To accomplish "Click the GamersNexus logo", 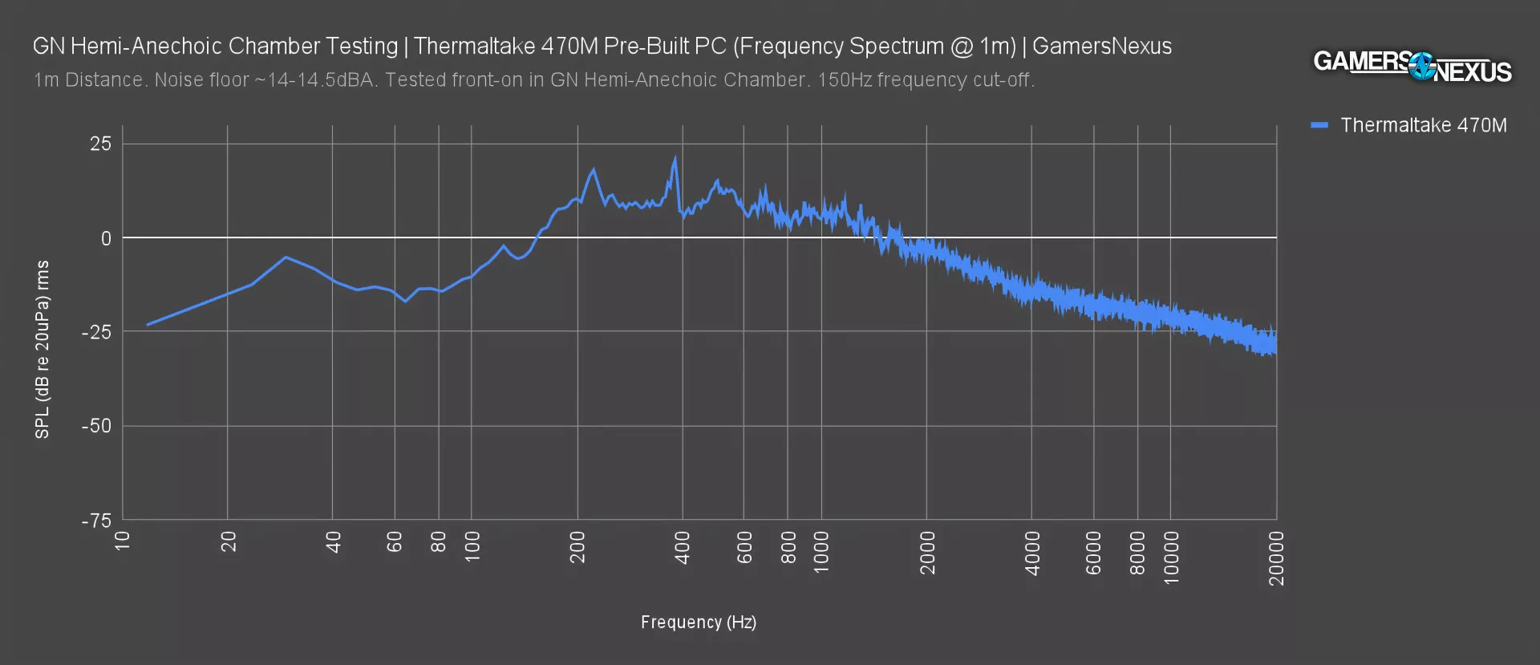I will pos(1412,66).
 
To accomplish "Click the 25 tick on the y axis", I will pos(101,144).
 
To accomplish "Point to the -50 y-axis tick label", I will pos(96,426).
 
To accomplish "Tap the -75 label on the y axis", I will pos(96,521).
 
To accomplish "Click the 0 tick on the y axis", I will pos(106,238).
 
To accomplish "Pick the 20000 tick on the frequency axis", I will pos(1276,558).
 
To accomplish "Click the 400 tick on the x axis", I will pos(683,548).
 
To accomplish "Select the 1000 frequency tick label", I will pos(821,552).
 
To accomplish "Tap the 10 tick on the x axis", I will pos(123,541).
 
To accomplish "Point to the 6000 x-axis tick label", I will pos(1093,552).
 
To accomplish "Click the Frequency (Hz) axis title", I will pos(698,622).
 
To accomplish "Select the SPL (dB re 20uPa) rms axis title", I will pos(43,350).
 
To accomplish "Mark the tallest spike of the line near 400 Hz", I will pos(675,158).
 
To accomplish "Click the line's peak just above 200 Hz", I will pos(594,169).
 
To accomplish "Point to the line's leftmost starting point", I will pos(148,325).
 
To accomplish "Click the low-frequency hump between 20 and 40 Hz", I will pos(286,257).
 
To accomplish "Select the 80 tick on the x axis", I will pos(438,542).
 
